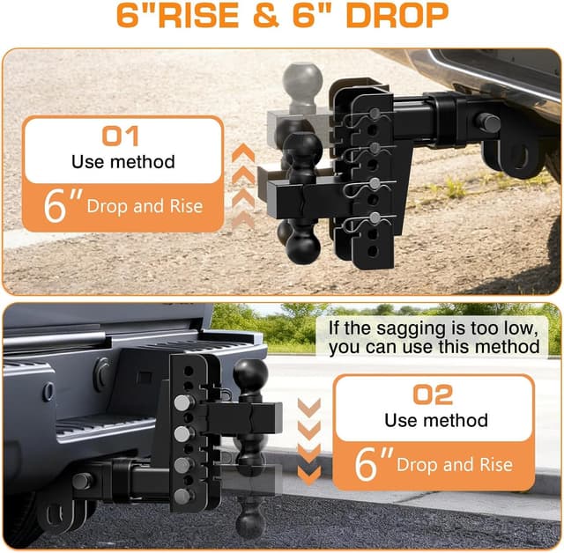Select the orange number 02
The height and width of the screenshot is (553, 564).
coord(432,394)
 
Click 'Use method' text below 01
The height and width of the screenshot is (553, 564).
coord(123,162)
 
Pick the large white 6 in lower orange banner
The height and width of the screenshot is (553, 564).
coord(367,464)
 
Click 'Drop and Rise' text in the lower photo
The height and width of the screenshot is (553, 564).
coord(454,464)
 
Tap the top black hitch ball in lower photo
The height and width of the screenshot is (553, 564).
coord(249,376)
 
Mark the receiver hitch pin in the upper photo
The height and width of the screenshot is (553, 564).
coord(487,122)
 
